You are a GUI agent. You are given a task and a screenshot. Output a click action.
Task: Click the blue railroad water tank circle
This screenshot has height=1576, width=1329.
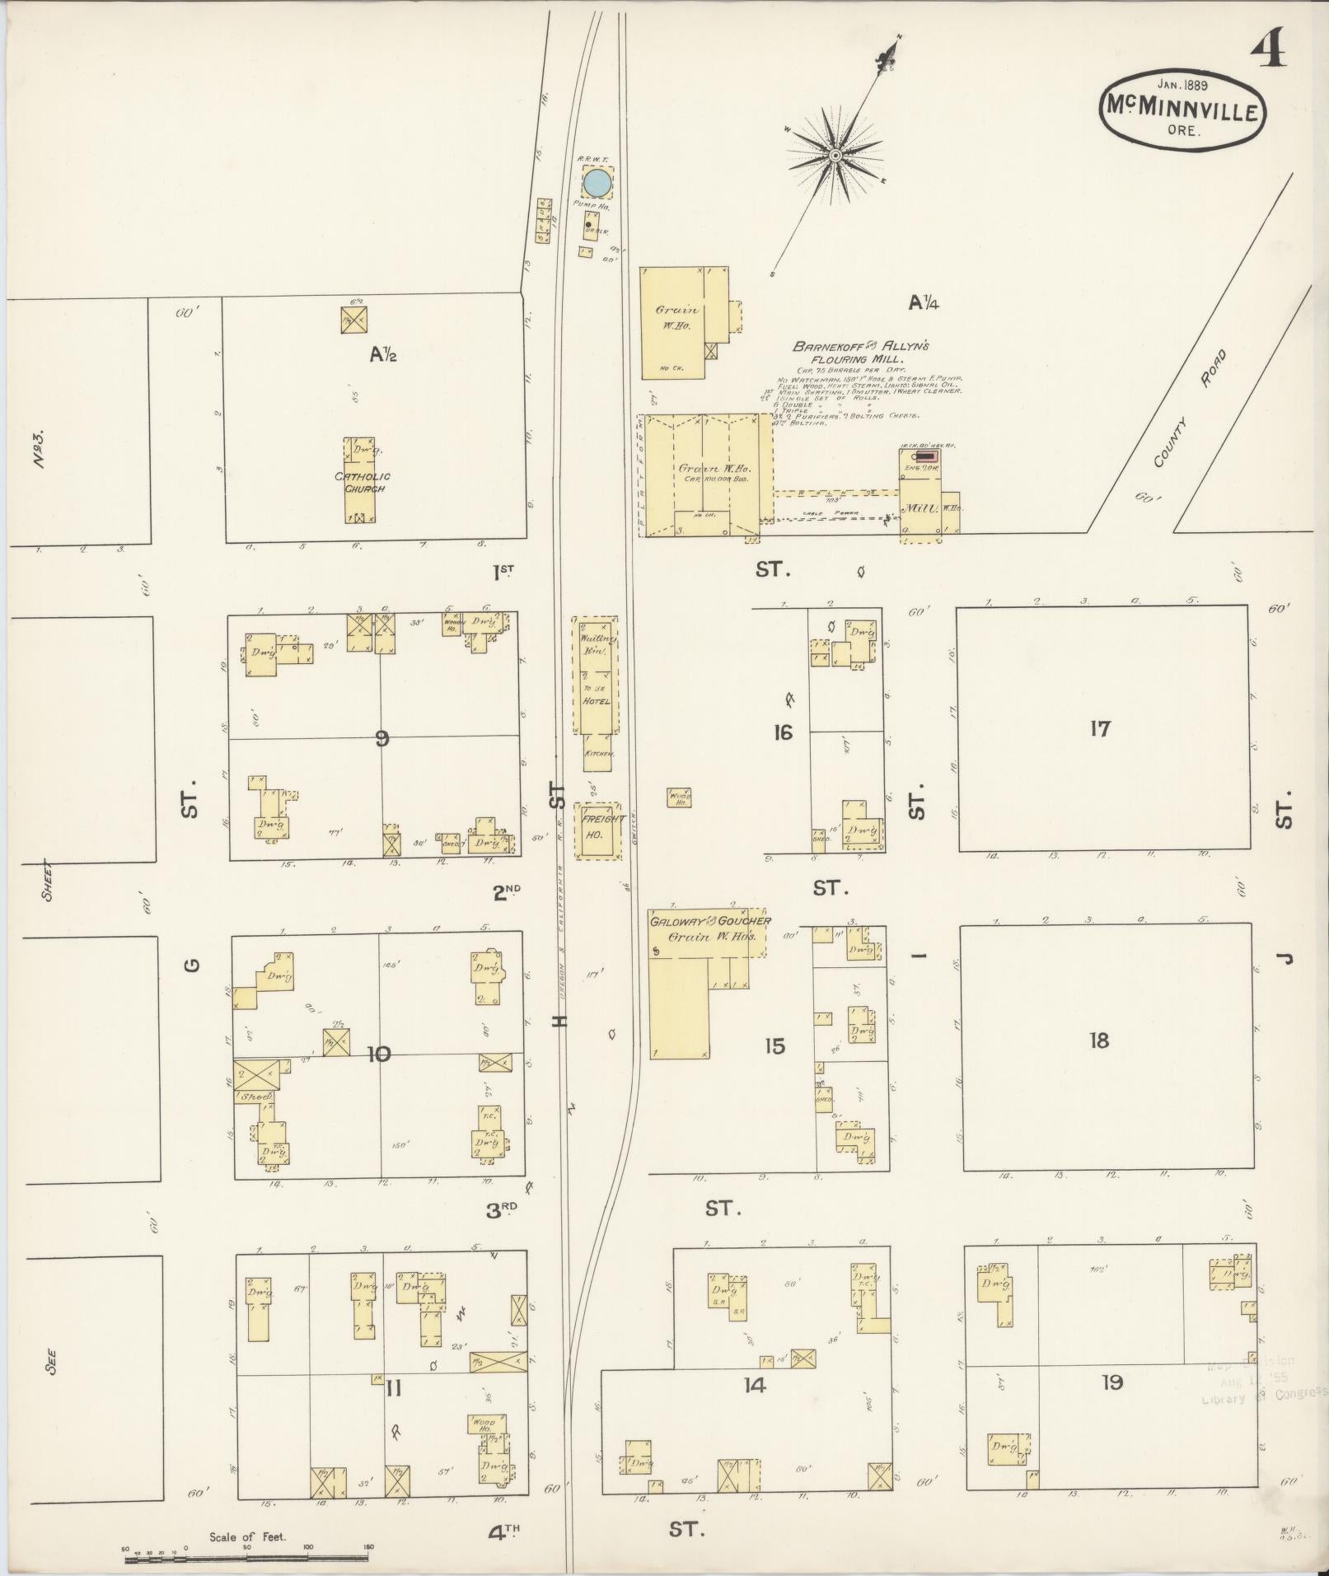click(x=597, y=183)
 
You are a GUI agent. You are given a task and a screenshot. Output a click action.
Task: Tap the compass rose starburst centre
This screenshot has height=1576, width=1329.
click(x=835, y=155)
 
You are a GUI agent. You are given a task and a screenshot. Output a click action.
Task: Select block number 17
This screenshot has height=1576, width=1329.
click(x=1100, y=728)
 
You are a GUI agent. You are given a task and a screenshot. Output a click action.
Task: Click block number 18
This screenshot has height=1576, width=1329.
click(x=1098, y=1041)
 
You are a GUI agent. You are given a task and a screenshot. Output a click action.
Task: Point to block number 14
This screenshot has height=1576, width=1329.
click(x=754, y=1385)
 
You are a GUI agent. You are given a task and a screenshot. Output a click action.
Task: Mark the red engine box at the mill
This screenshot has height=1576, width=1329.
click(x=927, y=455)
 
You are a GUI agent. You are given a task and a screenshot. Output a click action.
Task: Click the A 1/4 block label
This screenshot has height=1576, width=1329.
click(x=924, y=302)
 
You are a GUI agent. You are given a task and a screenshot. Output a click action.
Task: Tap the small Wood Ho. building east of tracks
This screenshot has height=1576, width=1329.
click(x=679, y=797)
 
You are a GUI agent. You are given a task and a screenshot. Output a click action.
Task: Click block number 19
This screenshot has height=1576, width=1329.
click(x=1111, y=1382)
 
